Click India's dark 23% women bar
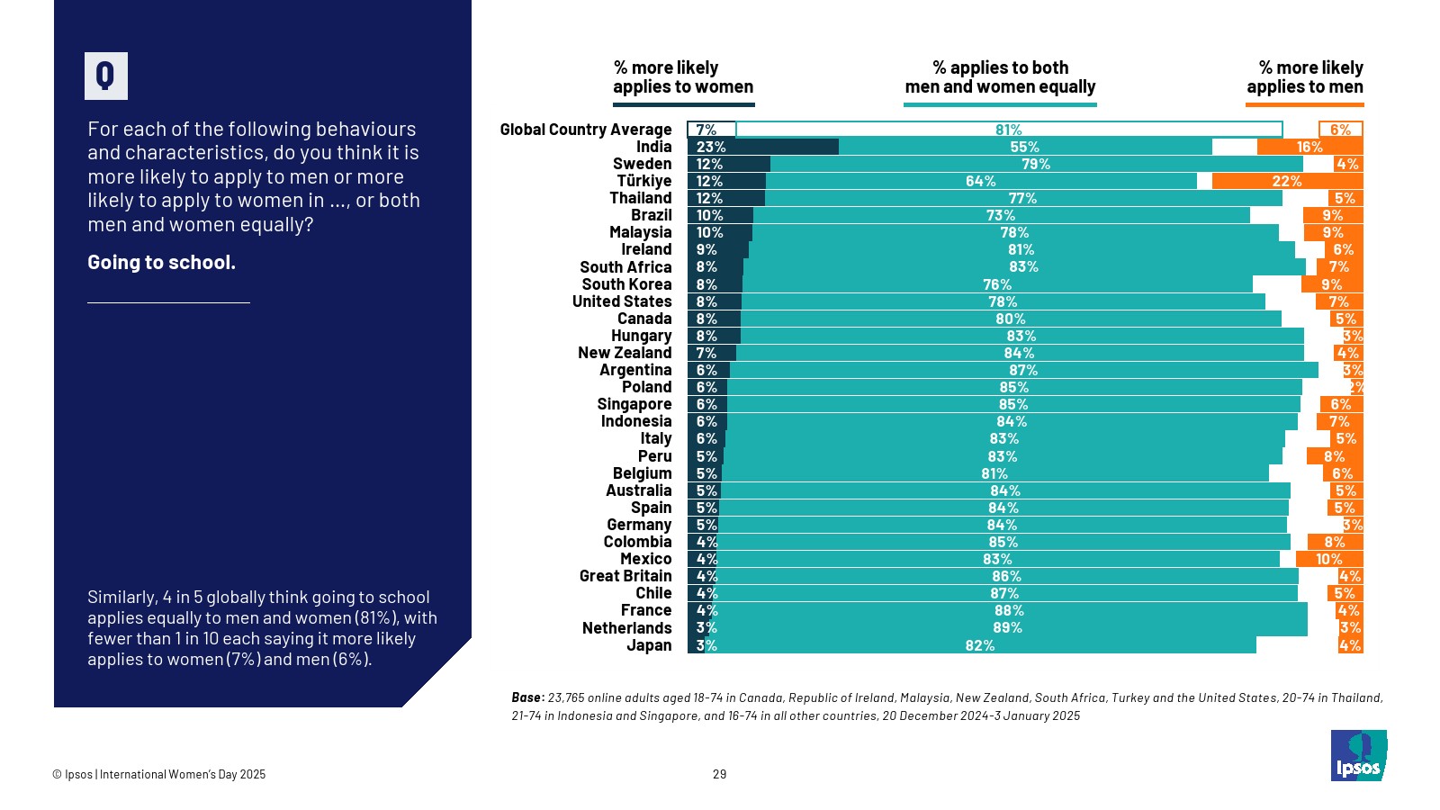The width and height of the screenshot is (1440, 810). [763, 147]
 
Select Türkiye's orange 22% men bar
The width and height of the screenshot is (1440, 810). [1287, 181]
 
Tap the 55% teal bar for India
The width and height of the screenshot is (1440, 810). [1024, 147]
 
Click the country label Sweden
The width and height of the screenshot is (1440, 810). [642, 164]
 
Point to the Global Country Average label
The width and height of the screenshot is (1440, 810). [585, 130]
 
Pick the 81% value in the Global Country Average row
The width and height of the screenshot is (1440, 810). [1008, 130]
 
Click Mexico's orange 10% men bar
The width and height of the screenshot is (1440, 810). [1329, 559]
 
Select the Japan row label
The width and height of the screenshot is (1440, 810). [649, 645]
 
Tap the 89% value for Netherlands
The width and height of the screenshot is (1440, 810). [1007, 628]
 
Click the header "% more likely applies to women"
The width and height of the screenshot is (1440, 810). [683, 77]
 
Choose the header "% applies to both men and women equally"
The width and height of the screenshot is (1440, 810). [1000, 77]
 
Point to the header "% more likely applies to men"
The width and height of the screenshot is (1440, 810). [1304, 77]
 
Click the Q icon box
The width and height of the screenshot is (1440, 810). [106, 76]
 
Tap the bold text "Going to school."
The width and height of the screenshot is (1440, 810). [161, 263]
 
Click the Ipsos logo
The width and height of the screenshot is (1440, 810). [1358, 755]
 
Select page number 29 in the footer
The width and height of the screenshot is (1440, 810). [719, 774]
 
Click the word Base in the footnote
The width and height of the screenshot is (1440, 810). [526, 697]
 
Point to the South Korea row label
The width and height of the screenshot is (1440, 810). [626, 284]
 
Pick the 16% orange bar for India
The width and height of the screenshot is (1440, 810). [1309, 147]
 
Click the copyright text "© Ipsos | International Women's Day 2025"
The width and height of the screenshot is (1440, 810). [158, 774]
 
